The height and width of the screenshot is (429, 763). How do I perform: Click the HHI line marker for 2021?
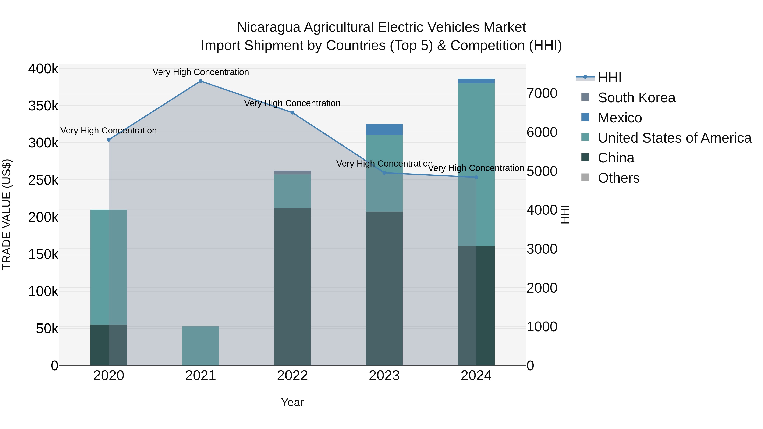pyautogui.click(x=200, y=81)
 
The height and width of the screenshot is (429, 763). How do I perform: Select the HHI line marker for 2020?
pyautogui.click(x=109, y=140)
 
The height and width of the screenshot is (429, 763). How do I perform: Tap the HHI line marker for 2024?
pyautogui.click(x=476, y=177)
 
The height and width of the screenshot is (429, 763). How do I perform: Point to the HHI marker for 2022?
pyautogui.click(x=292, y=113)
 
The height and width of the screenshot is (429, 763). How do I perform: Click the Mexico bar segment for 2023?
pyautogui.click(x=384, y=129)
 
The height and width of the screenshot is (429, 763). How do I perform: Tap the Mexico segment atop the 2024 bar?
pyautogui.click(x=476, y=81)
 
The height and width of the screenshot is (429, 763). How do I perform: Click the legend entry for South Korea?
pyautogui.click(x=636, y=98)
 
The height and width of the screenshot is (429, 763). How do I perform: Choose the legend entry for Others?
pyautogui.click(x=618, y=178)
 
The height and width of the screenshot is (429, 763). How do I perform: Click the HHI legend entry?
pyautogui.click(x=609, y=78)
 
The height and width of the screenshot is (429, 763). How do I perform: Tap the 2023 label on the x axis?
pyautogui.click(x=384, y=376)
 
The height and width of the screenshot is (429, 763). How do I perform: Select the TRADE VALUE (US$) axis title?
pyautogui.click(x=7, y=214)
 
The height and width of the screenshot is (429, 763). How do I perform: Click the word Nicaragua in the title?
pyautogui.click(x=268, y=27)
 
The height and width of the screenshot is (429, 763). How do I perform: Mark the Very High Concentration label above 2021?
pyautogui.click(x=200, y=72)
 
